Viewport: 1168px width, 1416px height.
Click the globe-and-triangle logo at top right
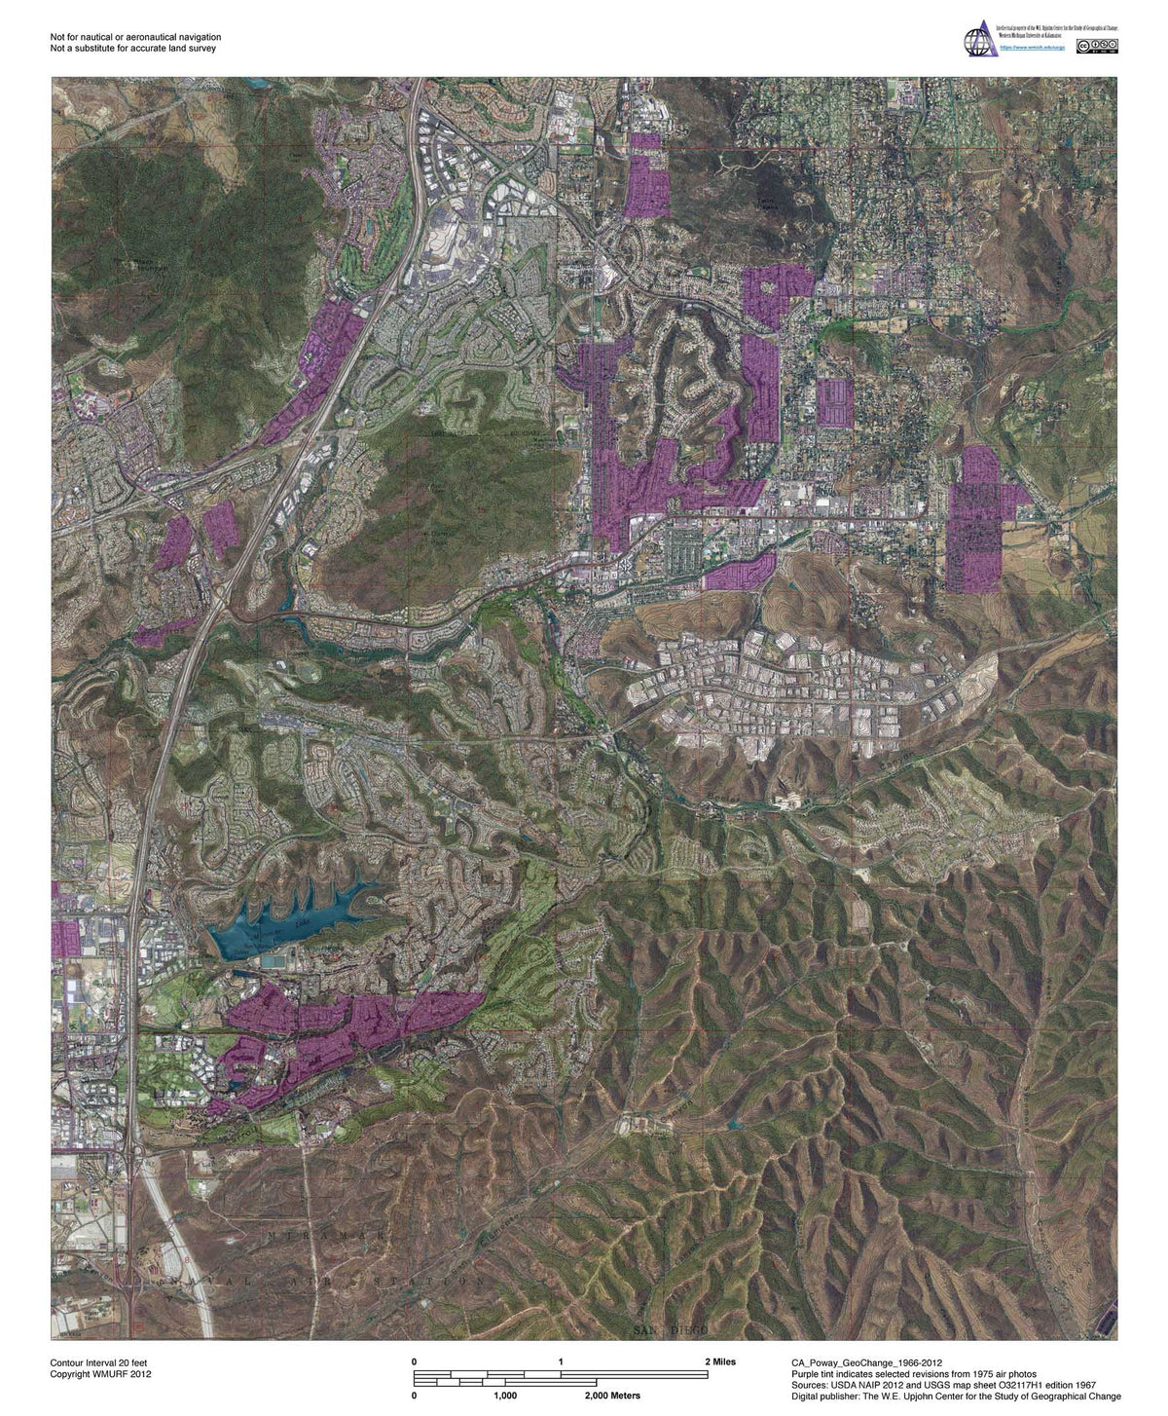coord(976,41)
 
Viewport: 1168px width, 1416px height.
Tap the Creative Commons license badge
coord(1097,46)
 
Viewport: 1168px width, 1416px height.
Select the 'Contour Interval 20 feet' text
coord(99,1361)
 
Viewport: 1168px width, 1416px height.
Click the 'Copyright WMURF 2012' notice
coord(100,1374)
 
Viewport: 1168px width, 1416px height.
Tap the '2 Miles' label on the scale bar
coord(720,1361)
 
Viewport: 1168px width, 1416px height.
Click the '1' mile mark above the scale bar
coord(561,1361)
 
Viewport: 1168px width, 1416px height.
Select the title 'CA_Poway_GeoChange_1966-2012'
coord(866,1361)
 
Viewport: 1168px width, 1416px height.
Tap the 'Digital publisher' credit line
coord(956,1397)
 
